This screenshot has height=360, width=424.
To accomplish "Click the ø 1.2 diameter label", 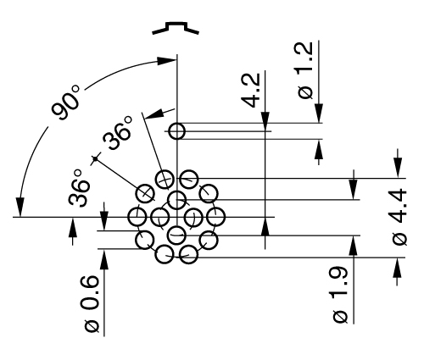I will (x=307, y=71).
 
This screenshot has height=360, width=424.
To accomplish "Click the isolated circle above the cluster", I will (x=176, y=131).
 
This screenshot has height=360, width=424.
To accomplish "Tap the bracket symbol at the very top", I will (x=176, y=30).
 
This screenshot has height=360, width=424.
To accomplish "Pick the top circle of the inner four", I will (x=176, y=200).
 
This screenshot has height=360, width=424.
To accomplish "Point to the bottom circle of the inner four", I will (x=176, y=235).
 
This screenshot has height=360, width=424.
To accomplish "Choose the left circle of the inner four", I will (x=159, y=217).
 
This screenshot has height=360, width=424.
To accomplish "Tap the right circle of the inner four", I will (x=194, y=217).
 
